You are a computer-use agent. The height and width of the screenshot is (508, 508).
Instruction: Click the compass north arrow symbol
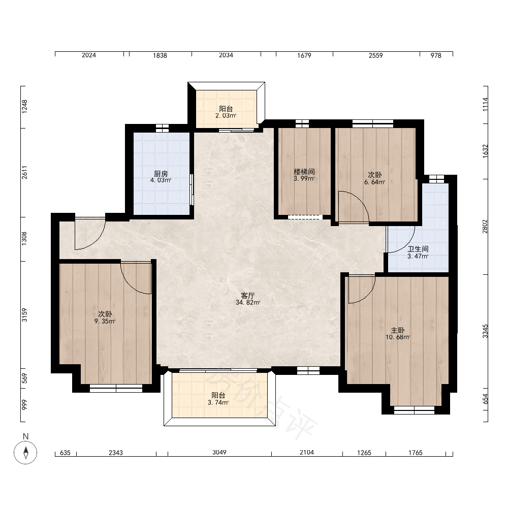pos(25,452)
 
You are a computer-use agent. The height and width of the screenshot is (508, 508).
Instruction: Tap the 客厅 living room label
pos(248,296)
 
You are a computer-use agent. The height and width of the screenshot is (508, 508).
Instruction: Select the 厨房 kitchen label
pos(161,174)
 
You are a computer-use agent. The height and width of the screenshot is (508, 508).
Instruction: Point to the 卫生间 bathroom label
pos(418,249)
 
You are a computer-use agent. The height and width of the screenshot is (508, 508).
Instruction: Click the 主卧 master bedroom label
pos(398,330)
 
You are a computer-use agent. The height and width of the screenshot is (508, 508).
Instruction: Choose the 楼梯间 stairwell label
pos(304,171)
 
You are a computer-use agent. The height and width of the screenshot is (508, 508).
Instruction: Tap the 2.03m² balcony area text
pos(226,116)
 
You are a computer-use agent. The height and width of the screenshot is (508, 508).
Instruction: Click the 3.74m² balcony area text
pos(218,403)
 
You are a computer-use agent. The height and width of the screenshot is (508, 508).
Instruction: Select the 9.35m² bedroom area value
pos(105,322)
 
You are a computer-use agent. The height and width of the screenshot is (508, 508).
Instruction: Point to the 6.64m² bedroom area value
pos(375,182)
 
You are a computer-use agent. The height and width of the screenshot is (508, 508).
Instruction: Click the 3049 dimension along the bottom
pos(219,452)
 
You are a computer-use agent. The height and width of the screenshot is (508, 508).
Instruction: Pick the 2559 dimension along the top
pos(376,55)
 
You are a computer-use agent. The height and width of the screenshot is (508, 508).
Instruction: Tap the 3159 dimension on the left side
pos(24,315)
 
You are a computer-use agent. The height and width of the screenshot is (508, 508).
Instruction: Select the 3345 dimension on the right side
pos(485,331)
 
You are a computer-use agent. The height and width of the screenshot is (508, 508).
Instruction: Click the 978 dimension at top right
pos(436,55)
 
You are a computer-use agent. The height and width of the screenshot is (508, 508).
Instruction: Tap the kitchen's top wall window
pos(162,128)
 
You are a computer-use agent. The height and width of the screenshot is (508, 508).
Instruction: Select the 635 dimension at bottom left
pos(66,453)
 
